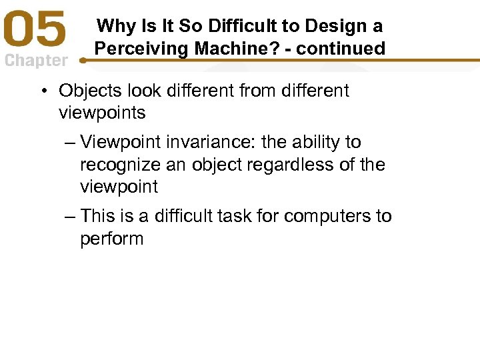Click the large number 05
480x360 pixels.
click(x=37, y=31)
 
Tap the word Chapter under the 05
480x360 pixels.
click(x=36, y=61)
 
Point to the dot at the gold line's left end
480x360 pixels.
click(x=83, y=60)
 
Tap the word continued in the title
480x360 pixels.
click(x=348, y=49)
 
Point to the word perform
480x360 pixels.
click(x=111, y=239)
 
